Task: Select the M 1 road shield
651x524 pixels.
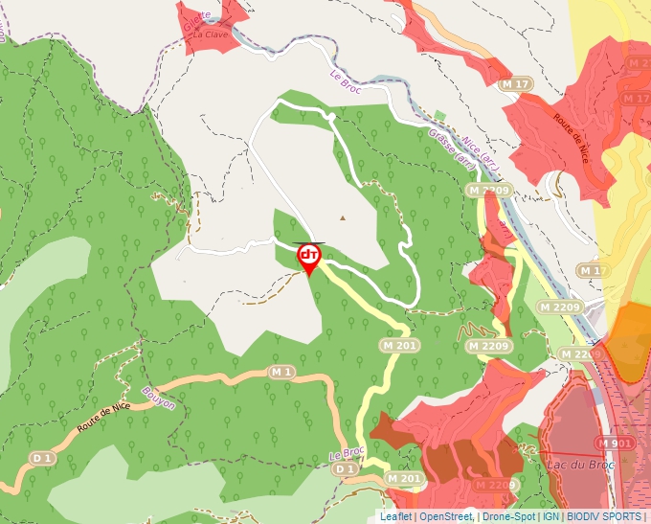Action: point(281,371)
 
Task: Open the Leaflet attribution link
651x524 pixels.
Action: point(395,516)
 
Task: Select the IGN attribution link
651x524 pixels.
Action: point(551,516)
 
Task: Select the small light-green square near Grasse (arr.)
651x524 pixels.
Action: point(440,117)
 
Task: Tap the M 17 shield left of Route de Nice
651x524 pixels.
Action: point(515,84)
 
